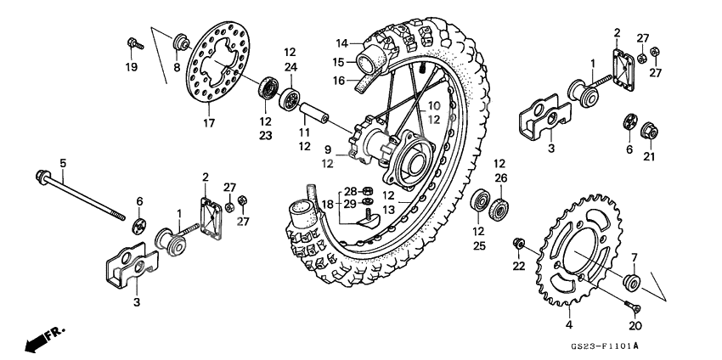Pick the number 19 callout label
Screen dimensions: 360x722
point(132,67)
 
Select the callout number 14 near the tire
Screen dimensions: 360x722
point(341,43)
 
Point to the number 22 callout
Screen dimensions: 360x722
point(520,267)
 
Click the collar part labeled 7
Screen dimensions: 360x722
point(632,282)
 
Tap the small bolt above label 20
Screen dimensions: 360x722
point(632,308)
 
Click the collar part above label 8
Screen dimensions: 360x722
point(180,42)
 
